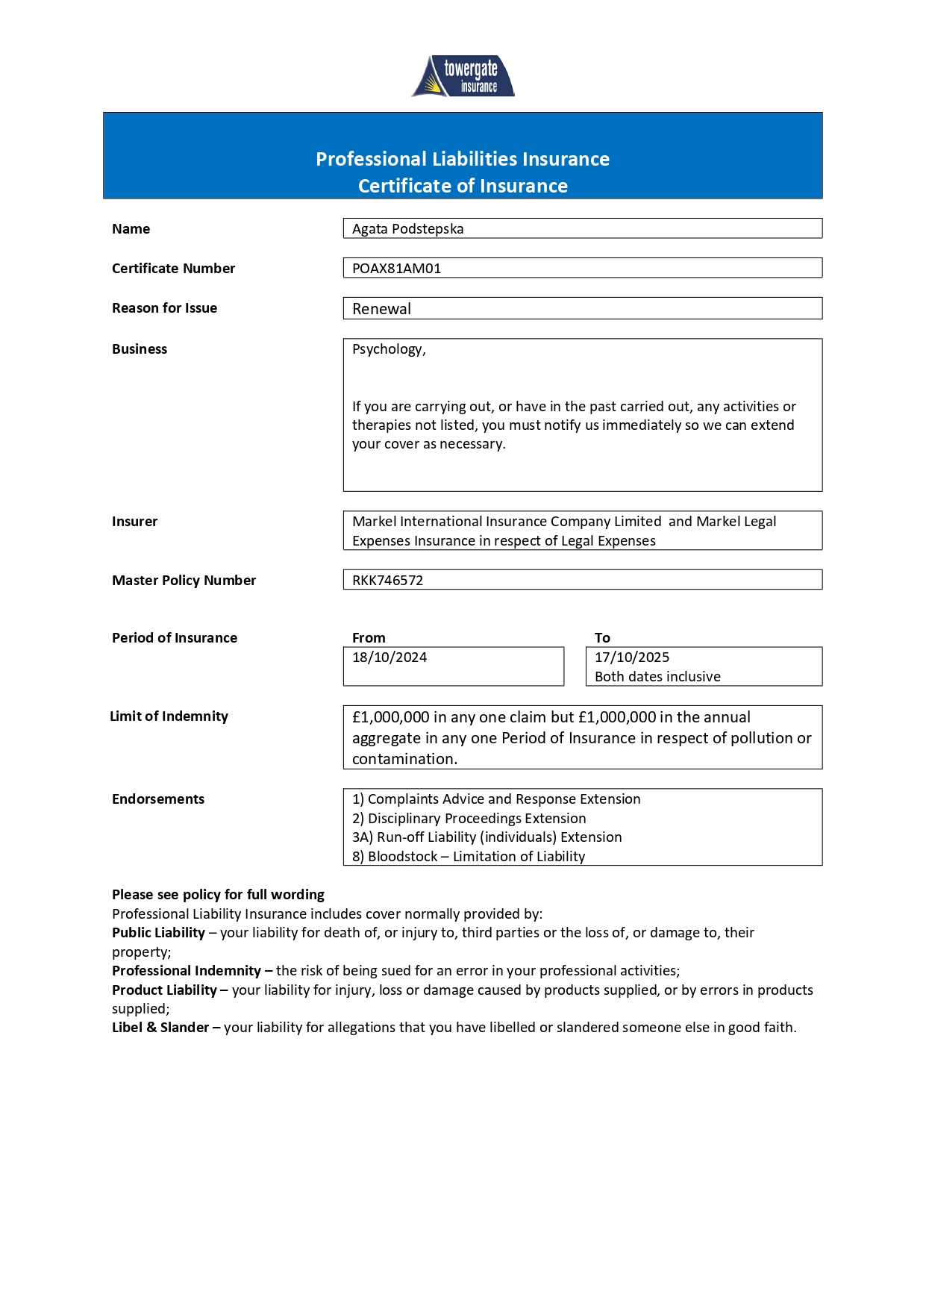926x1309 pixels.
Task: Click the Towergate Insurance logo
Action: point(463,76)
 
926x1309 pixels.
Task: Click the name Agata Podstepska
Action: point(407,229)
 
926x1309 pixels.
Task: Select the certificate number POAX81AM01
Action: point(396,269)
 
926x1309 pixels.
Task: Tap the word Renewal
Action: point(381,309)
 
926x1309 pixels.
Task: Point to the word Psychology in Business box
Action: point(388,349)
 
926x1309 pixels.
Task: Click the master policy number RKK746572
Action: point(387,581)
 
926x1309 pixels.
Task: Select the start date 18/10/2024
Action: point(390,657)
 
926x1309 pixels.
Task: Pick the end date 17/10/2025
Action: point(632,657)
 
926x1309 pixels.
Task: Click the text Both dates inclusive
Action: point(657,677)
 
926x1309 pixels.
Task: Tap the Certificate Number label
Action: point(173,269)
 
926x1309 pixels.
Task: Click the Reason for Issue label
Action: point(164,308)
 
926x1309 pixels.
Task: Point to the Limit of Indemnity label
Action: point(169,716)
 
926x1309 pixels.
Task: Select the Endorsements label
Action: point(158,799)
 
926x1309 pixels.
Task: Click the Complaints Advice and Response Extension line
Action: point(496,799)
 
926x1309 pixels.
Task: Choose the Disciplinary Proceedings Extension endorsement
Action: point(469,819)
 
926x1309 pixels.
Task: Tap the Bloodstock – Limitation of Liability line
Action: point(469,857)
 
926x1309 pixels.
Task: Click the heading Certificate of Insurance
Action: point(463,186)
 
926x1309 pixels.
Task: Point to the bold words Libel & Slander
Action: point(160,1028)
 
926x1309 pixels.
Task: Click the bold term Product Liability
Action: point(164,990)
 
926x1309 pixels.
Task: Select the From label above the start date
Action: point(369,638)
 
